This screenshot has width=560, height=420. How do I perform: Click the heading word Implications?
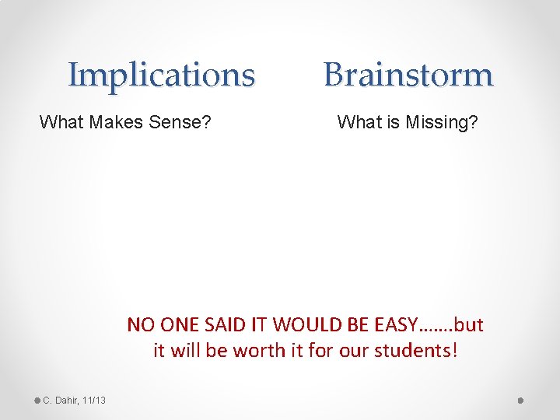161,75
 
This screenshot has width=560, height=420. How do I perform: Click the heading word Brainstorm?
408,75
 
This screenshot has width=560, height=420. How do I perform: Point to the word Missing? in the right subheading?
441,122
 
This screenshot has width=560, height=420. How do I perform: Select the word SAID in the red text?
221,324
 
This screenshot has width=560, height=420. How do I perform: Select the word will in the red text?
184,351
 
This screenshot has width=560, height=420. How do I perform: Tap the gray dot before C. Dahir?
37,401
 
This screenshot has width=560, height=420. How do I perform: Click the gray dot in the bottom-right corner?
522,401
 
